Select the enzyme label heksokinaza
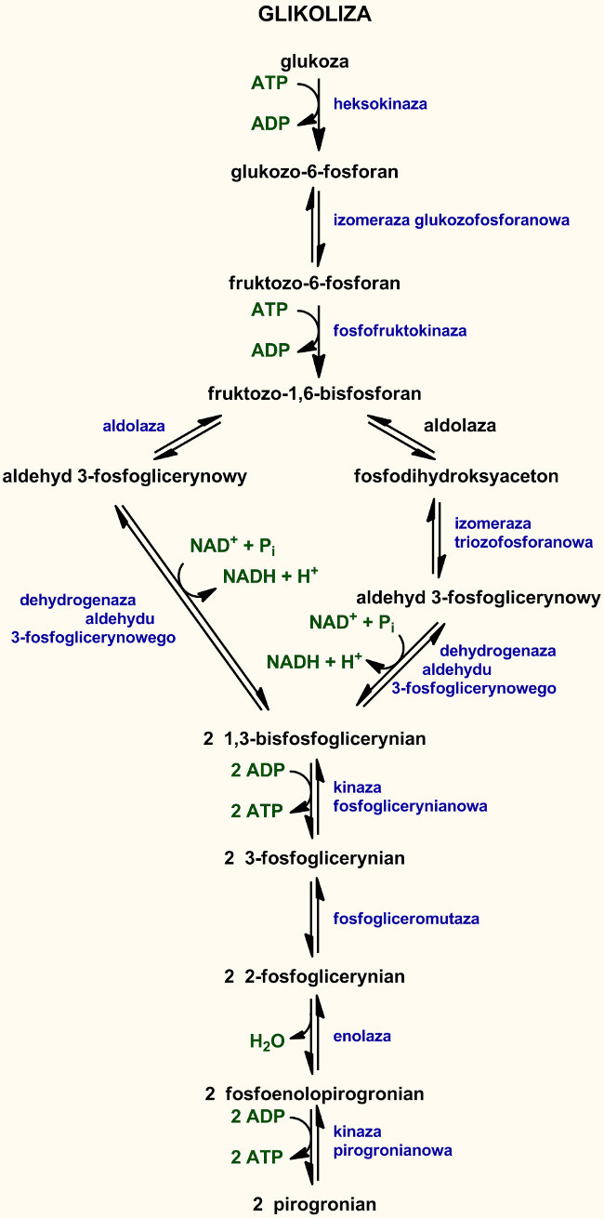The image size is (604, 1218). point(380,104)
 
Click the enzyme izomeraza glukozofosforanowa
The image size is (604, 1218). point(451,220)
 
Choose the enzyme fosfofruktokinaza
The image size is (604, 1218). point(400,330)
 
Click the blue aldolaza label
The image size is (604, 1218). point(134,426)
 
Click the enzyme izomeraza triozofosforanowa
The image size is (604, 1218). point(522,533)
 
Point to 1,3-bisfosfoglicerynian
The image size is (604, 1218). point(324,739)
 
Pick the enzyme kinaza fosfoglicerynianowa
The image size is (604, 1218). point(409,797)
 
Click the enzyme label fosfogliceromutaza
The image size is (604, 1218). point(406,919)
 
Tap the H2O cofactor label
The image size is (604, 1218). point(267,1042)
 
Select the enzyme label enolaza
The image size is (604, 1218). point(362,1036)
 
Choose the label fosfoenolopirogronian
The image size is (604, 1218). point(324,1094)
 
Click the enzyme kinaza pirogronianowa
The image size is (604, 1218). point(392,1141)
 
